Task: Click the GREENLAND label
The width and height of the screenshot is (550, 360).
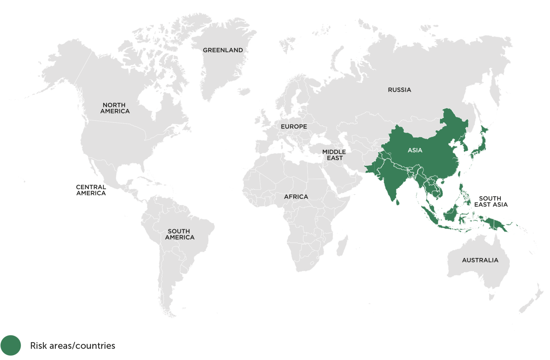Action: click(x=223, y=50)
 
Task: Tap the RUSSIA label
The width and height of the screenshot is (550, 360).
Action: click(x=399, y=90)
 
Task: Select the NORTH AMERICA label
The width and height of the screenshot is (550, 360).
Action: click(x=115, y=108)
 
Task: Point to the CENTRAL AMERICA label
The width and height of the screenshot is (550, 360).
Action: click(x=91, y=190)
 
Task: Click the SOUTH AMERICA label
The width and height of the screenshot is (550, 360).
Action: click(x=179, y=234)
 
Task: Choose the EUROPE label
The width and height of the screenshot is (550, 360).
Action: click(x=294, y=127)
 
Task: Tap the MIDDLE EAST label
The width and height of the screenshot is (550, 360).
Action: click(x=334, y=155)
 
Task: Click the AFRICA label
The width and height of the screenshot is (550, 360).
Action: click(x=296, y=197)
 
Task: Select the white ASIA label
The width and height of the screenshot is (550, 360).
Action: click(x=415, y=150)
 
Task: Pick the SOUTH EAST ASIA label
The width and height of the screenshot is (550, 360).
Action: click(x=491, y=202)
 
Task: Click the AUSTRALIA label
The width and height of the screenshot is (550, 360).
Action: click(x=480, y=260)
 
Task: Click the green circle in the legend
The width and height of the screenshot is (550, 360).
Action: click(x=11, y=345)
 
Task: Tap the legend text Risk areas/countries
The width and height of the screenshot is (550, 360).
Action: click(x=73, y=346)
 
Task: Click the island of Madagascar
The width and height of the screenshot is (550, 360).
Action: click(x=342, y=246)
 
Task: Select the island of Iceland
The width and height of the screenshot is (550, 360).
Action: click(x=244, y=92)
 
